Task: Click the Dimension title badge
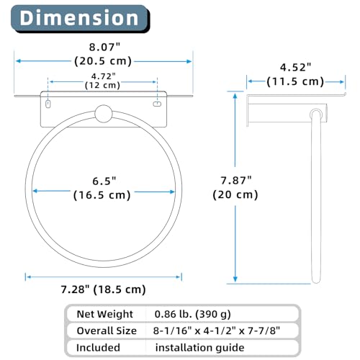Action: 81,19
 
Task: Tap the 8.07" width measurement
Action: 104,47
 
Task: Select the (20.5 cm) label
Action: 103,61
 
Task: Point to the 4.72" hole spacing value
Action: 104,76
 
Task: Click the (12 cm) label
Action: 102,85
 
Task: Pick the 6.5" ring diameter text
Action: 104,181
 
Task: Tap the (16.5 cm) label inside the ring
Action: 102,195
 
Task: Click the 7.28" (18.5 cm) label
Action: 103,289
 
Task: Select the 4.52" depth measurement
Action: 295,68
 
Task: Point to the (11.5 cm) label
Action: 295,81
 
